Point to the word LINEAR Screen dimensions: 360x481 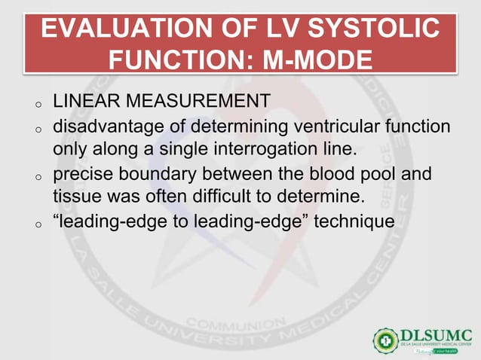[x=84, y=100]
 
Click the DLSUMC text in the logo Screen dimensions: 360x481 [x=436, y=334]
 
